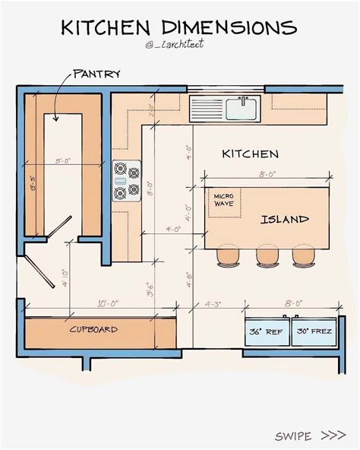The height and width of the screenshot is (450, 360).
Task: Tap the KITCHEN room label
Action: [250, 154]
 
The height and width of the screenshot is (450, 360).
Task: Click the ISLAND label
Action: [285, 220]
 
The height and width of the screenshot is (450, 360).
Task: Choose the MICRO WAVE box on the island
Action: [225, 200]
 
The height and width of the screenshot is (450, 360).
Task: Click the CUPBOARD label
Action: [94, 330]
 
